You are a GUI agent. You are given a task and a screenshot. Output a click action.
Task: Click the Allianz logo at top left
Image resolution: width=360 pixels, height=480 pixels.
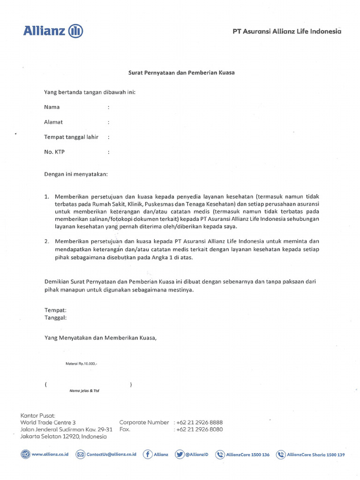coord(53,31)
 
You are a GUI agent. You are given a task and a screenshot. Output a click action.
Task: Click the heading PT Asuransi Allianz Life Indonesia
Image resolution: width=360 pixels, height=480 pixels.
coord(287,31)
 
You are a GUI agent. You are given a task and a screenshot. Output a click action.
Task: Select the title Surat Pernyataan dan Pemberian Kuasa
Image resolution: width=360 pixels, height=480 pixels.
coord(181,73)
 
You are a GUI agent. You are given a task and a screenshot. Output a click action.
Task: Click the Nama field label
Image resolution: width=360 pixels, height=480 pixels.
coord(52,107)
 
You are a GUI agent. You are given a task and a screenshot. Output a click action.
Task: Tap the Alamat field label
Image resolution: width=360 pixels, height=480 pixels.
coord(53,122)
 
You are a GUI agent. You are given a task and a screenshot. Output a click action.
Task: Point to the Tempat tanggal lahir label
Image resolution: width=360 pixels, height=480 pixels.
coord(71,137)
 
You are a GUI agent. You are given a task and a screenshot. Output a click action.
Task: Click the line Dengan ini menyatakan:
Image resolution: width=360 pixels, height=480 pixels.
coord(76,174)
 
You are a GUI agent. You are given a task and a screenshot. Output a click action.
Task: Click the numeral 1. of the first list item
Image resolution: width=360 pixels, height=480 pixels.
coord(47,196)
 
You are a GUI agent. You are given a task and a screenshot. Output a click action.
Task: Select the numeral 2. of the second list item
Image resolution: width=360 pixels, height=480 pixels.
coord(47,241)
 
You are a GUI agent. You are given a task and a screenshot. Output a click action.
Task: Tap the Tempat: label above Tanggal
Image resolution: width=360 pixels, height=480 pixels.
coord(55,310)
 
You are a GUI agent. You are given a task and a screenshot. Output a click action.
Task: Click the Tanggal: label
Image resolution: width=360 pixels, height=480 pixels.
coord(55,317)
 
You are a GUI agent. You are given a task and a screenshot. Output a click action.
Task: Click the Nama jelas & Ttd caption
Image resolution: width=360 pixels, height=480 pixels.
coord(84,390)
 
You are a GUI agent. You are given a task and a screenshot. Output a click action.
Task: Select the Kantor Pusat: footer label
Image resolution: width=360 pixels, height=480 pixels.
coord(37,415)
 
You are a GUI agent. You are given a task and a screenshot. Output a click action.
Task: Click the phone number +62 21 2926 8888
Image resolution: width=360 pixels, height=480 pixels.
coord(199,422)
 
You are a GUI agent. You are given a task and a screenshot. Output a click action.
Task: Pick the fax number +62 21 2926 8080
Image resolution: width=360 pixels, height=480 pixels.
coord(199,429)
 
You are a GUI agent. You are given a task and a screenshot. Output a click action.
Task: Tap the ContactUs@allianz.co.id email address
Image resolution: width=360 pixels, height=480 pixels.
coord(111,454)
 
